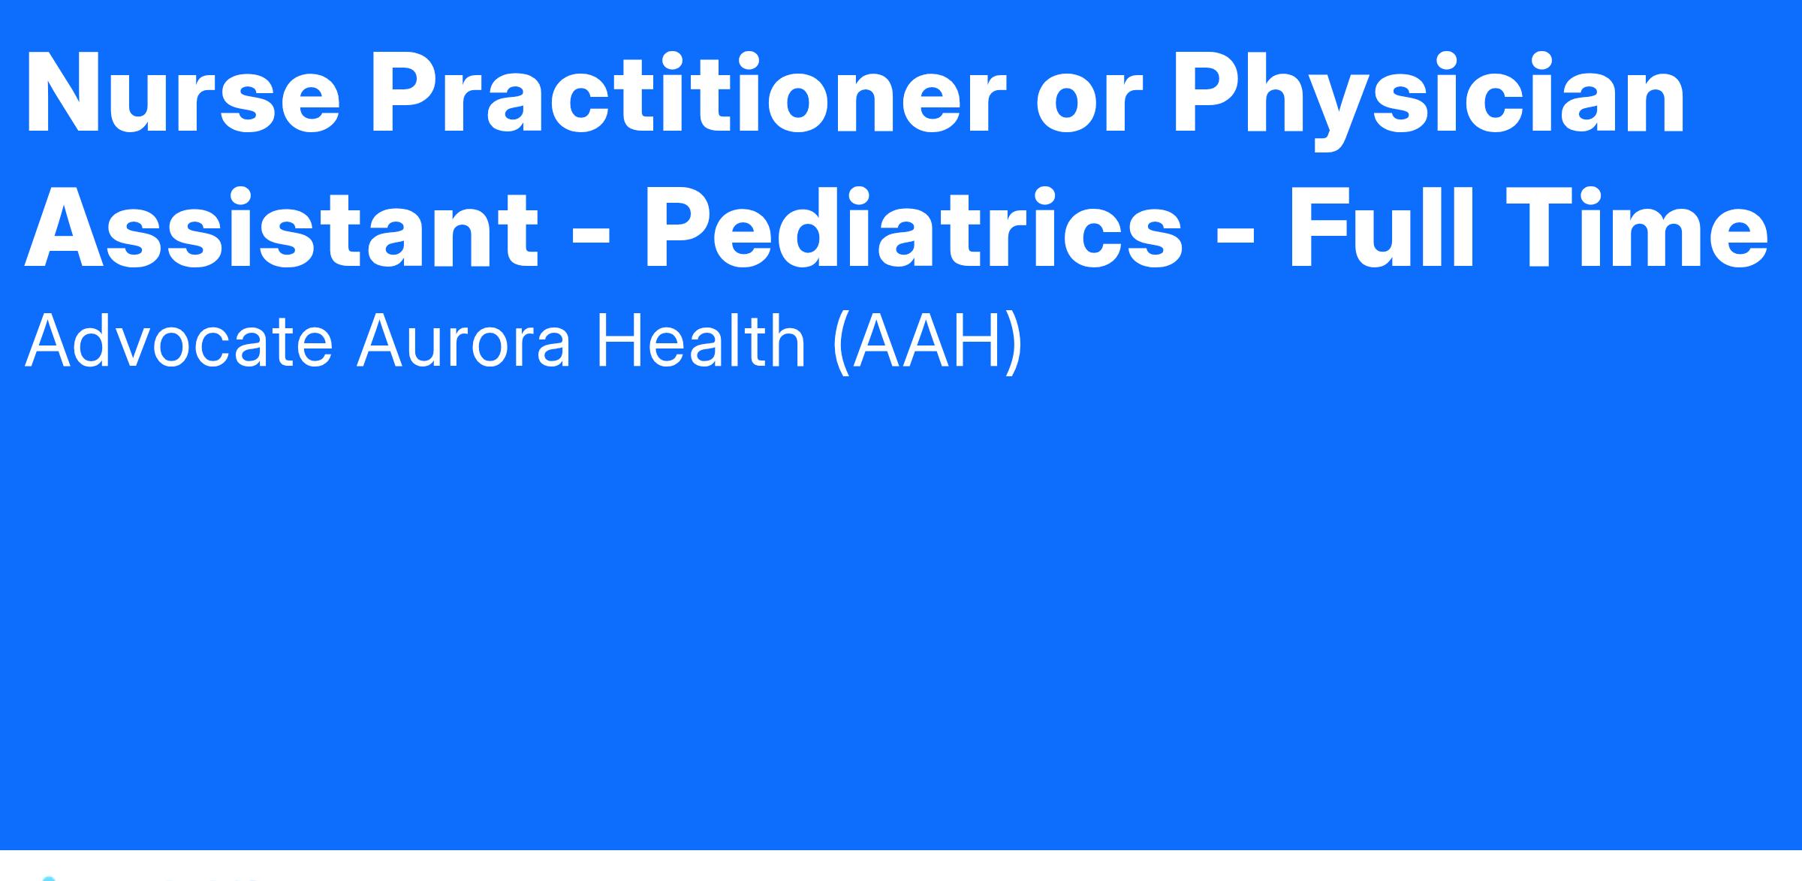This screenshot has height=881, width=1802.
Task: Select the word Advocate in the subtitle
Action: pos(179,340)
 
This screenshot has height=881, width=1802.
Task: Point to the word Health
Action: pos(701,340)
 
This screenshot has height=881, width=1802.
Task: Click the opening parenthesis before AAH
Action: pos(841,342)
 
